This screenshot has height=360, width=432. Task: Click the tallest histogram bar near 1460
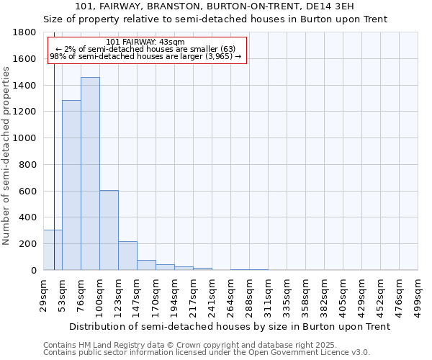point(90,174)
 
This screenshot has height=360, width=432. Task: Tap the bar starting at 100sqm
point(109,230)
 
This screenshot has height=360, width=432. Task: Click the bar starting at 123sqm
point(127,256)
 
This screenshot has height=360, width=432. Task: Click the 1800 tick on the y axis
point(26,32)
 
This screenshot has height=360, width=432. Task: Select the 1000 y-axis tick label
point(26,138)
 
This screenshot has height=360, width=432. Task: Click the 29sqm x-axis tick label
point(43,291)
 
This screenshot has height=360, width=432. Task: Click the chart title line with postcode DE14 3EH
point(215,6)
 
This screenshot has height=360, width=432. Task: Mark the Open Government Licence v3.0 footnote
point(207,353)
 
